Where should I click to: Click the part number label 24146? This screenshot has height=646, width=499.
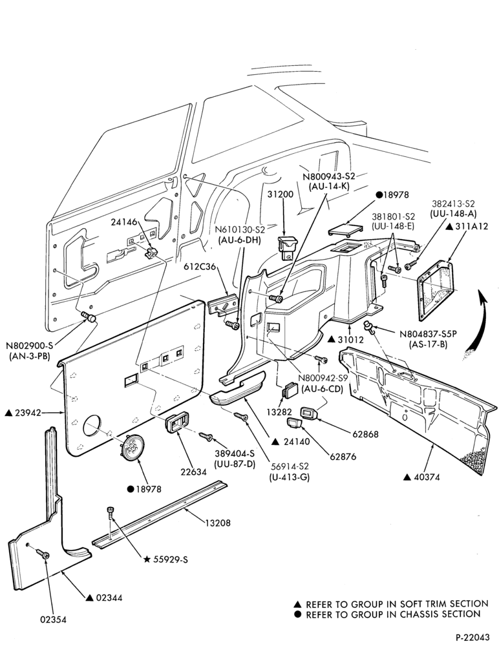point(123,222)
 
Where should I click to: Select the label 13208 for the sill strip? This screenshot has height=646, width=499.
point(217,523)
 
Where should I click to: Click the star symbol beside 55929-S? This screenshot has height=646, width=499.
point(146,559)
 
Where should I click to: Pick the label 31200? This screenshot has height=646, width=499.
point(280,194)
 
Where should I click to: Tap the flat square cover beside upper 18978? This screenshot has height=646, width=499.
point(345,230)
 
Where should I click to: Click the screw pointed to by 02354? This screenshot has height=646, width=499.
point(42,553)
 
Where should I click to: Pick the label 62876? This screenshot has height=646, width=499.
point(343,457)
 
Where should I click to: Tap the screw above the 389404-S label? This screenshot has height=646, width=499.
point(206,436)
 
